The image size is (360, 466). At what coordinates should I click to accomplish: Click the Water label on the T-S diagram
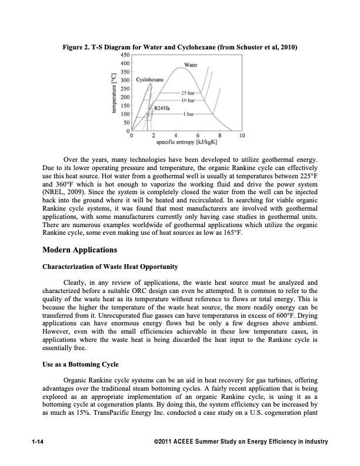pos(191,64)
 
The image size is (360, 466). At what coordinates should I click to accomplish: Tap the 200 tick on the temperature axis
pos(124,96)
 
